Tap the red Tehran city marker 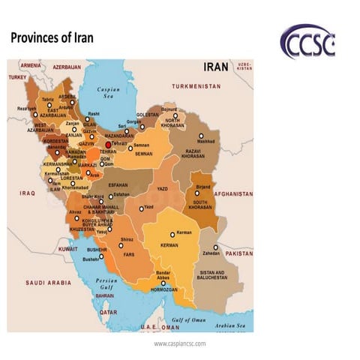pyautogui.click(x=108, y=144)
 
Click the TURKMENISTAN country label pyautogui.click(x=196, y=87)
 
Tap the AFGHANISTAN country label pyautogui.click(x=233, y=193)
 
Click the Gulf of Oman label pyautogui.click(x=189, y=320)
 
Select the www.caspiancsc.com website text pyautogui.click(x=179, y=343)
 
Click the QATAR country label pyautogui.click(x=109, y=311)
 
